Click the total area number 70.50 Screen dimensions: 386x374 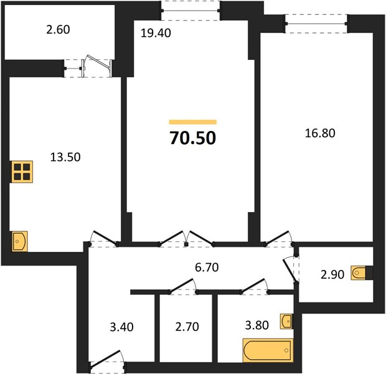193,138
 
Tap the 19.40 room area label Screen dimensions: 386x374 156,33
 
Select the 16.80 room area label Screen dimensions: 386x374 320,133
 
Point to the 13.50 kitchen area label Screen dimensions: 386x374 65,157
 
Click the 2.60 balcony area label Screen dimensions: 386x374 58,29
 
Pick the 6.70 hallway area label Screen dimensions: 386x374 207,267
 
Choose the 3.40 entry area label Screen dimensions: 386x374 121,327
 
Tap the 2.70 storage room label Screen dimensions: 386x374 187,327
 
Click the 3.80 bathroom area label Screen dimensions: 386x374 257,325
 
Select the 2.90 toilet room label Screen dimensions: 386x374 332,274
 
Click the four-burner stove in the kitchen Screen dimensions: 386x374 22,172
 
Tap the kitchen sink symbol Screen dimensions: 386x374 20,241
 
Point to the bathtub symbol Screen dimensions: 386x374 268,350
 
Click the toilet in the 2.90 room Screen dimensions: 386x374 361,273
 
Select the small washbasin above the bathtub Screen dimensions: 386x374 286,321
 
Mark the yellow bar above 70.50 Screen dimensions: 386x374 193,122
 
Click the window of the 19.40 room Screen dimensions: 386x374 191,11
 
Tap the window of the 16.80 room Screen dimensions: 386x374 316,24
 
